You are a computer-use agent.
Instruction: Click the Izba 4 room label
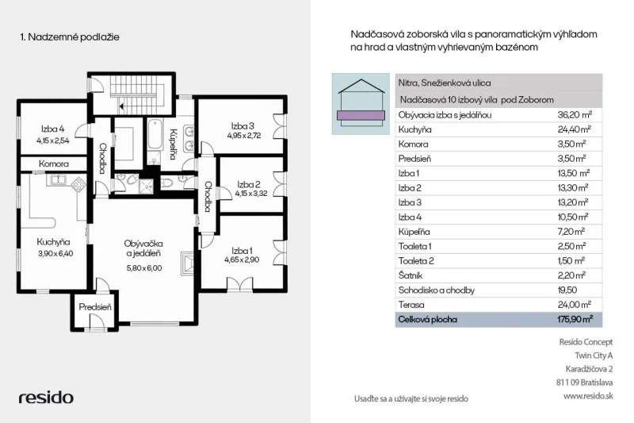click(x=52, y=129)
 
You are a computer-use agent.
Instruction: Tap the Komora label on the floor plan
click(x=54, y=164)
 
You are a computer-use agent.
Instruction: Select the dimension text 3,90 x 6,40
click(x=55, y=254)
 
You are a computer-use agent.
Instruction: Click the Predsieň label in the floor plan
click(x=94, y=307)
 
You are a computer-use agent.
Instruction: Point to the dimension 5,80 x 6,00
click(x=144, y=268)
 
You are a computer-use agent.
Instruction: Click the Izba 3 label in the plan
click(x=243, y=126)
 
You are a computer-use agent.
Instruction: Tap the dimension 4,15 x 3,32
click(x=251, y=194)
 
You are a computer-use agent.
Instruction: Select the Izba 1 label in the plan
click(x=242, y=251)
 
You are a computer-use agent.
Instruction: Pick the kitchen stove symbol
click(x=78, y=185)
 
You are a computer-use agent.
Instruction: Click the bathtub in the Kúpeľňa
click(x=155, y=134)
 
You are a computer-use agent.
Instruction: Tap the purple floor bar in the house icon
click(x=361, y=115)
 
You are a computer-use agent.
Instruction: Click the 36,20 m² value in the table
click(x=575, y=115)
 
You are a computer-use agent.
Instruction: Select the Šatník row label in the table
click(x=410, y=275)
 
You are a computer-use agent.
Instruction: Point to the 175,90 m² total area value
click(x=575, y=319)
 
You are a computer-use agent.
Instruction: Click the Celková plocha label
click(x=427, y=319)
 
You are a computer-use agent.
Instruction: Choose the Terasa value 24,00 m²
click(x=574, y=305)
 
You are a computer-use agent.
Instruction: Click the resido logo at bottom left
click(x=46, y=398)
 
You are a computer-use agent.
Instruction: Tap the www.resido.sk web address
click(x=588, y=396)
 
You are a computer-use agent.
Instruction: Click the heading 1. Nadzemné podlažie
click(x=70, y=37)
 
